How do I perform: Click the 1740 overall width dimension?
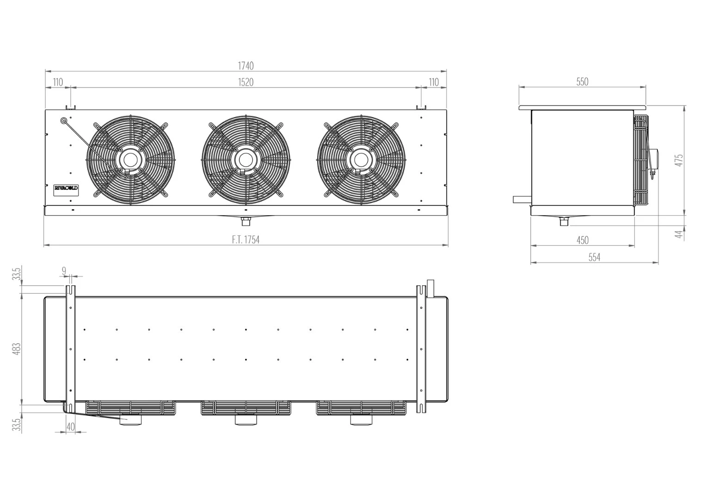point(246,66)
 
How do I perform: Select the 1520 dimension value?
point(246,82)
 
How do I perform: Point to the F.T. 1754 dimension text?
point(246,240)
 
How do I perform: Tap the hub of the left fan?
point(130,160)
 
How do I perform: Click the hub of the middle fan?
point(246,160)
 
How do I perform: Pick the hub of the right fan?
point(361,160)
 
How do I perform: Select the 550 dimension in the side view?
point(582,82)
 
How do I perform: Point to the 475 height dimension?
point(680,160)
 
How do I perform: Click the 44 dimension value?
point(680,234)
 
